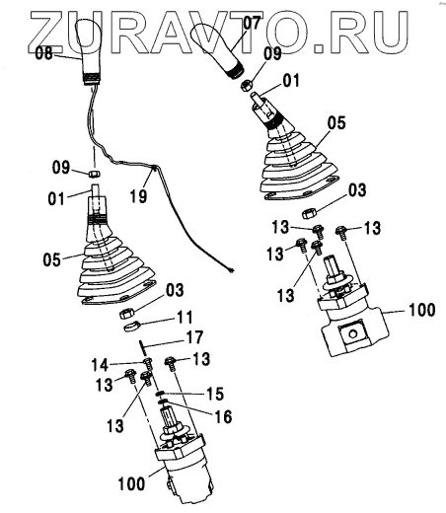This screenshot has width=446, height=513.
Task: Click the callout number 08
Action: [x=43, y=53]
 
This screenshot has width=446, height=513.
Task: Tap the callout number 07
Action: [x=252, y=23]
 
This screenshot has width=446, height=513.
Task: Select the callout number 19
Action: [x=138, y=196]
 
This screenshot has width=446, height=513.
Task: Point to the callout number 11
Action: [x=185, y=318]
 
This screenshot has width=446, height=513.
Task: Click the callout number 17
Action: [x=195, y=337]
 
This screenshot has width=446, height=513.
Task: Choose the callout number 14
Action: [x=100, y=365]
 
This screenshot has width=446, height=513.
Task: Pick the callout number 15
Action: [x=215, y=394]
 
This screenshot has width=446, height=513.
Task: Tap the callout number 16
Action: [x=223, y=416]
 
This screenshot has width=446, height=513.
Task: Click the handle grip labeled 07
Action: [x=217, y=50]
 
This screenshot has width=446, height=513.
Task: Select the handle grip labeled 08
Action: [x=89, y=52]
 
